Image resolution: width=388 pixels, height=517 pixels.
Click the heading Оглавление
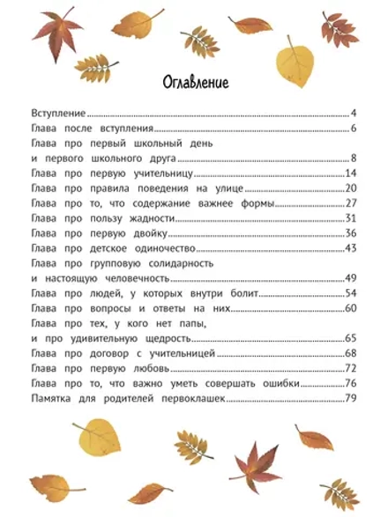pos(196,83)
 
